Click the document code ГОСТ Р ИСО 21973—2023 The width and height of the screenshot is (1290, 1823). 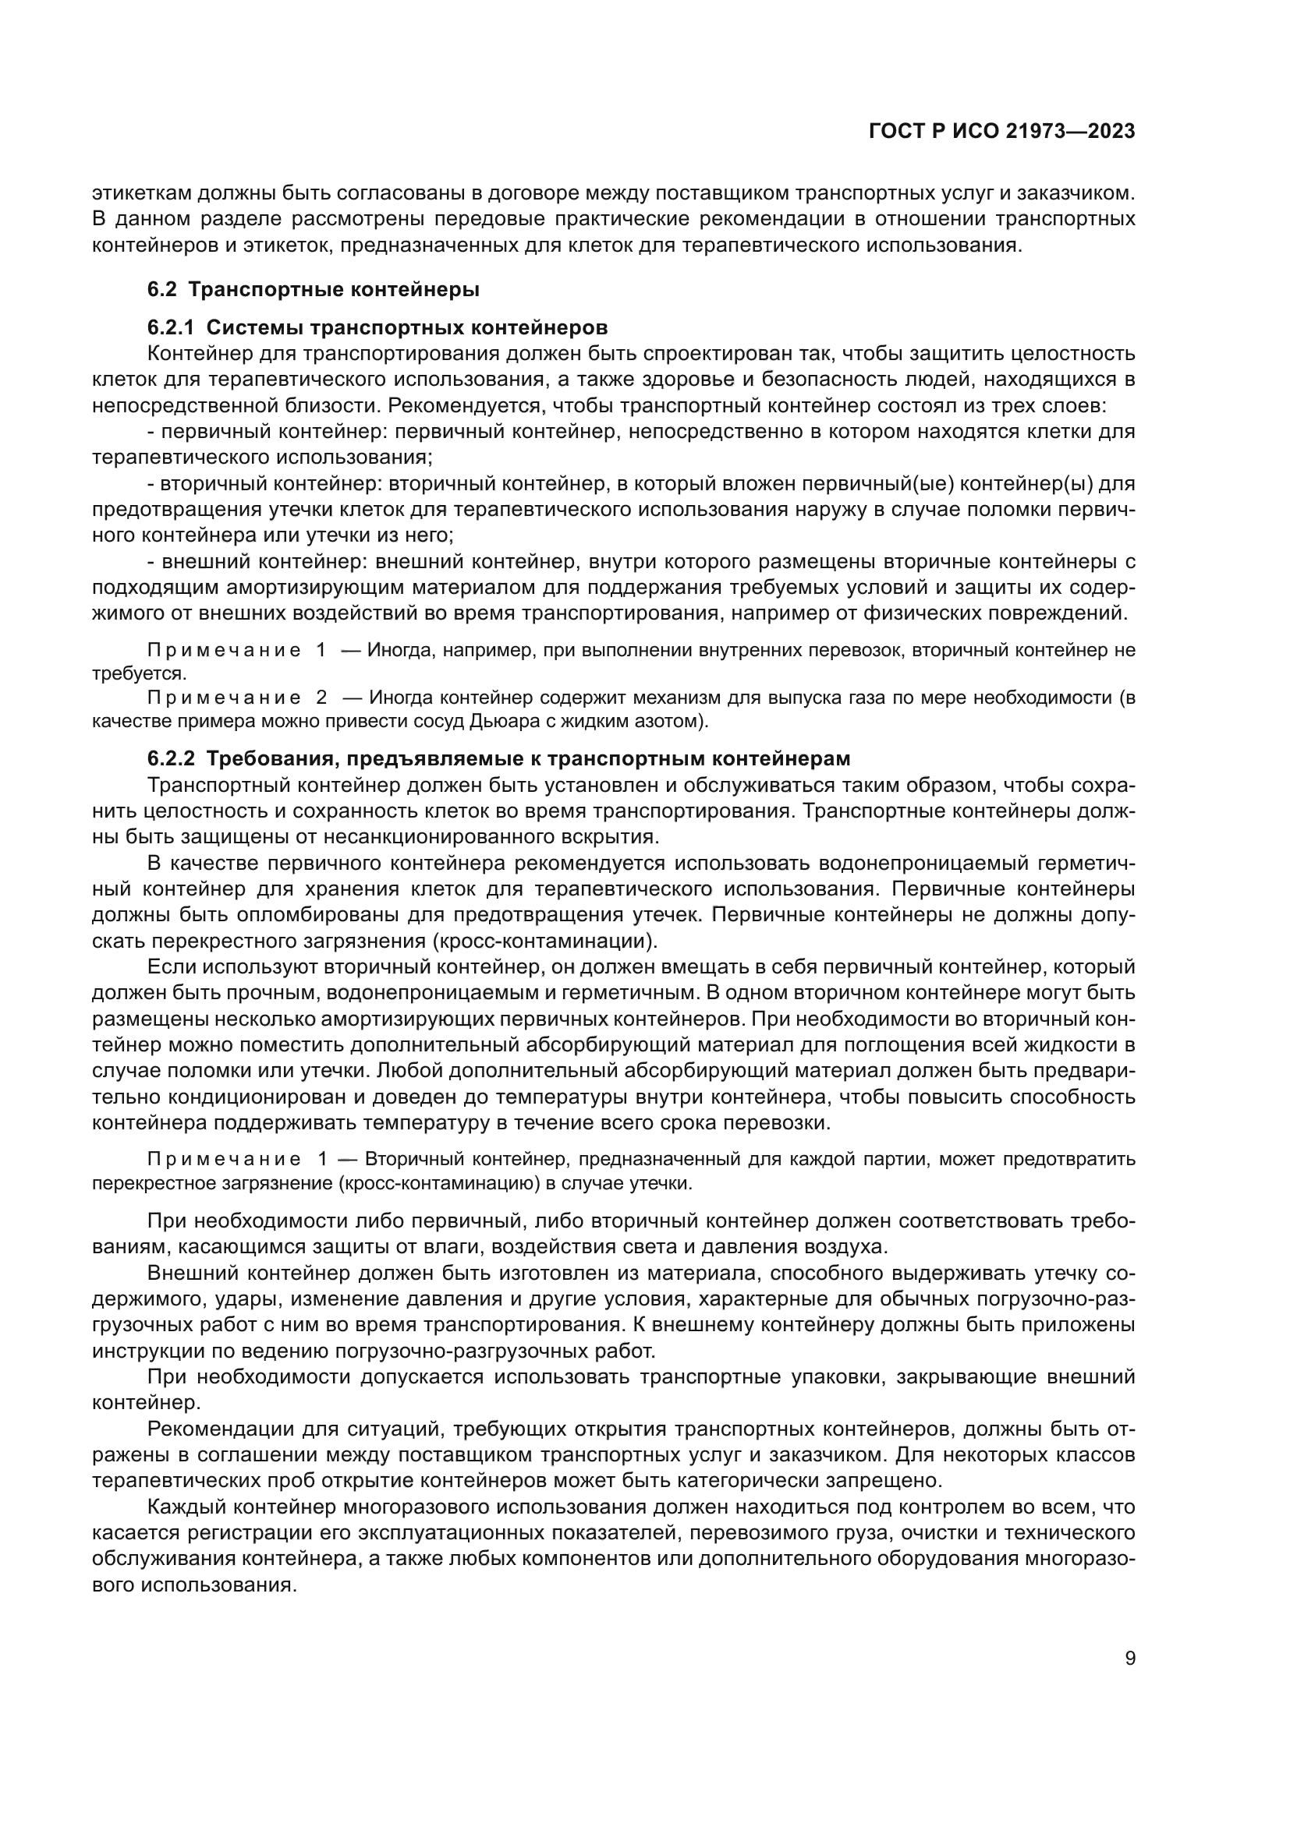coord(1001,131)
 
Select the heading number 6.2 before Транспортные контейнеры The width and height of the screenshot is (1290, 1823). coord(162,290)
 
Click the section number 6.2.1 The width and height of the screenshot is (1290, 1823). coord(171,327)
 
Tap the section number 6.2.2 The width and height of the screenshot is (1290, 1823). coord(171,759)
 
